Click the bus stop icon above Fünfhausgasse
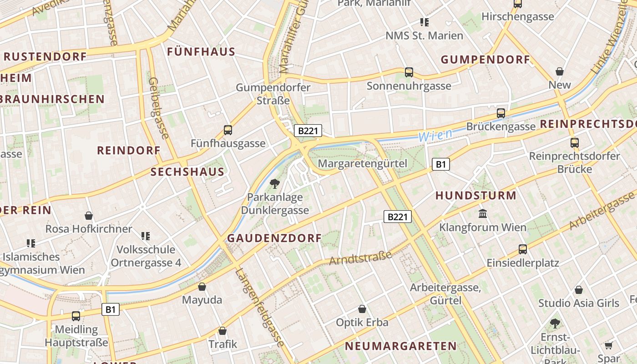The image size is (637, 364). click(x=228, y=130)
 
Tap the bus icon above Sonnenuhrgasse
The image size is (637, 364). click(x=409, y=72)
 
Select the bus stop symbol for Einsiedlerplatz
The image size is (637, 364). click(x=523, y=249)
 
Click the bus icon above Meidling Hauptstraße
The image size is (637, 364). click(x=76, y=316)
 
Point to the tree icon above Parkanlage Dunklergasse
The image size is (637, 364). click(x=274, y=184)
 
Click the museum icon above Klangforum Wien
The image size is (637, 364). click(x=483, y=213)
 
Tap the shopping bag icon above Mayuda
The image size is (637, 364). click(x=202, y=287)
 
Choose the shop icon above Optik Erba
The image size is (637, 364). click(x=362, y=309)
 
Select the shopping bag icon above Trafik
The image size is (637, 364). click(x=222, y=331)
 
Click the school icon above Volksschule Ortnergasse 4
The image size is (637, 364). click(x=146, y=236)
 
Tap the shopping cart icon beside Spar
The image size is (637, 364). click(x=609, y=346)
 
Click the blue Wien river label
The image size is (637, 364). click(x=435, y=135)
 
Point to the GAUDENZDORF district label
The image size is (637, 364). click(x=274, y=238)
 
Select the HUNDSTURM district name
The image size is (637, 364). click(x=476, y=196)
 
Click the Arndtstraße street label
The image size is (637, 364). click(x=360, y=258)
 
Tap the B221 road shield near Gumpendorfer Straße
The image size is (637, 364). click(x=308, y=131)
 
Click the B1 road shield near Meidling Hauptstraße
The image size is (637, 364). click(x=110, y=310)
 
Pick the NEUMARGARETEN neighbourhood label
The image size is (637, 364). click(x=400, y=346)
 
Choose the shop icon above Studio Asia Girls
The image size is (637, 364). click(x=579, y=290)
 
